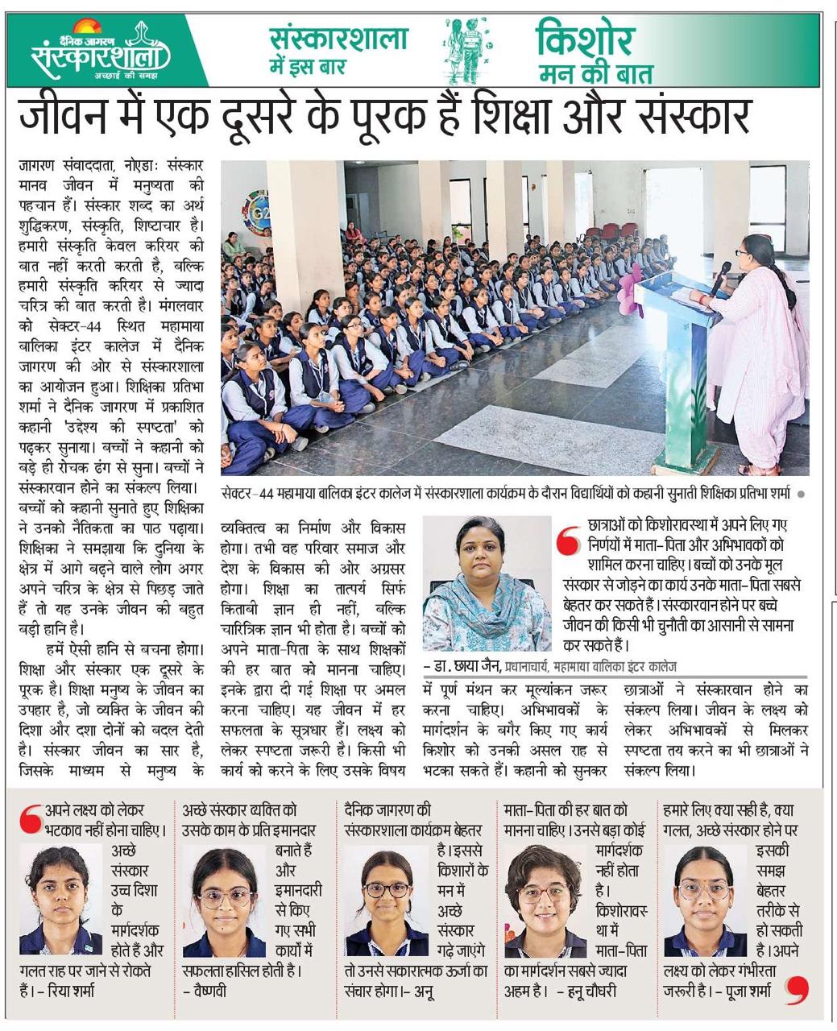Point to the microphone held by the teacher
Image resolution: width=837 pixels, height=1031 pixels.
719,277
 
